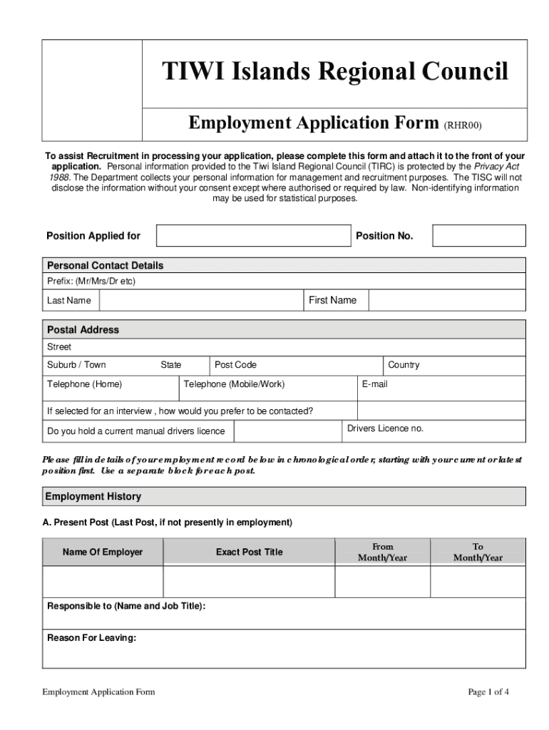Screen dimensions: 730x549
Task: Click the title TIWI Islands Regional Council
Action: [334, 72]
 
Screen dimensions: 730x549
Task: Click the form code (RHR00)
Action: [463, 125]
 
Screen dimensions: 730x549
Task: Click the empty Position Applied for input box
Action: [254, 236]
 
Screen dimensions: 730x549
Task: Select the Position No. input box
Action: [479, 236]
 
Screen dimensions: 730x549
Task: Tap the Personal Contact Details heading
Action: [105, 265]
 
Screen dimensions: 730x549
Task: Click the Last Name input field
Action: [201, 301]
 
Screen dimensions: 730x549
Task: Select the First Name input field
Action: [447, 301]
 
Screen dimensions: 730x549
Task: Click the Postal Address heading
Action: [83, 330]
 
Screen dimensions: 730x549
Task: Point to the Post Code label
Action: [235, 365]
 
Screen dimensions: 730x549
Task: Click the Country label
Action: [404, 365]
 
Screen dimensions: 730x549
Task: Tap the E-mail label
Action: [374, 384]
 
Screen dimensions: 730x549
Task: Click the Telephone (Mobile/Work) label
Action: [234, 384]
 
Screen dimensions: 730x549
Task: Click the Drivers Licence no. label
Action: [385, 428]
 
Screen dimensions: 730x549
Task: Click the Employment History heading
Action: [93, 496]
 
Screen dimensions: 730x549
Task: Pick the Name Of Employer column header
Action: [103, 552]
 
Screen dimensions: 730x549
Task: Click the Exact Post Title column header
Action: [249, 552]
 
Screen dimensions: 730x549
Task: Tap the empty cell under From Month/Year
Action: [382, 582]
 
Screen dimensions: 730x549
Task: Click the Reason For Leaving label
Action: [91, 638]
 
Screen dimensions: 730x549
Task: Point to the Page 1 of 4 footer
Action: [488, 692]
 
